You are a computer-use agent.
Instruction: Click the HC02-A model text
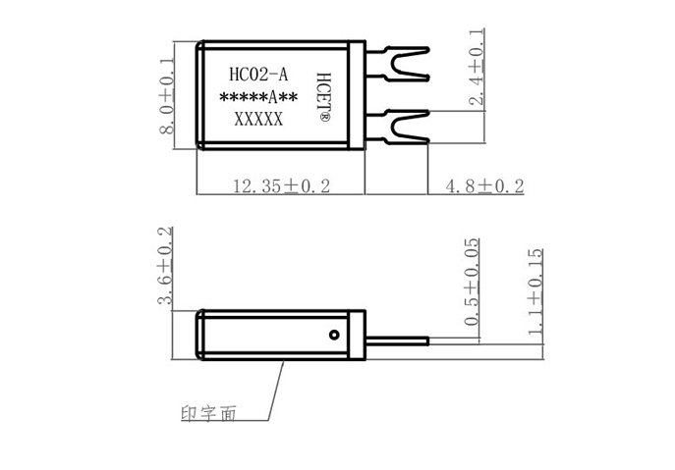(257, 75)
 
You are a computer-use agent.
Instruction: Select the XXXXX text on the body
(257, 120)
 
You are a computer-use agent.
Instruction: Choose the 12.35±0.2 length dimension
(280, 185)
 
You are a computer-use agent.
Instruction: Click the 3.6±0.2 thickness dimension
(166, 269)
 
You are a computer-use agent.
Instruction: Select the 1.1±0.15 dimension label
(534, 292)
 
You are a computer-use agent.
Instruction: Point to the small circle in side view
(336, 335)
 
